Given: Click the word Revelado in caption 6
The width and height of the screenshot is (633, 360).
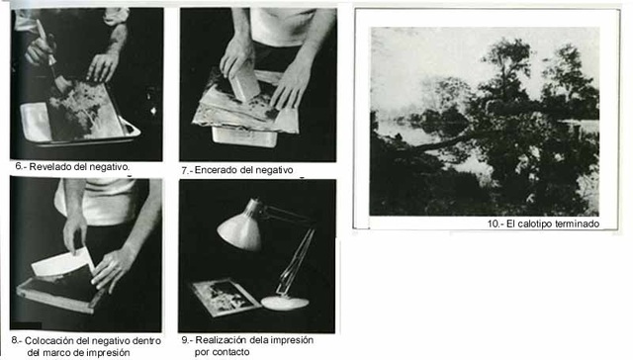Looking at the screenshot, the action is tap(47, 166).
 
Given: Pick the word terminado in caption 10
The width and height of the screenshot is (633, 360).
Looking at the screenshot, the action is tap(574, 224).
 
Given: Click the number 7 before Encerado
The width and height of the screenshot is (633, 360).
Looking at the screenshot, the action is tap(184, 171).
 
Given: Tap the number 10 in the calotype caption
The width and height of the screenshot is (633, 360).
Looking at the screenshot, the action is tap(493, 224).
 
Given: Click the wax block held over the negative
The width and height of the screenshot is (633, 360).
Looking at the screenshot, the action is tap(244, 83).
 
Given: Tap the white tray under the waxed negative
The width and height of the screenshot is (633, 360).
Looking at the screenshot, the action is tap(244, 136).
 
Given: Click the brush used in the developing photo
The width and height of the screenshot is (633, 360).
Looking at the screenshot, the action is tap(53, 56).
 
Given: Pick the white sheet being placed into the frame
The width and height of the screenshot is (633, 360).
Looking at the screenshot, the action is tap(61, 262).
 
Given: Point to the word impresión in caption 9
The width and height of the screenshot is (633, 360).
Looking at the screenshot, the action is tap(292, 340).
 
